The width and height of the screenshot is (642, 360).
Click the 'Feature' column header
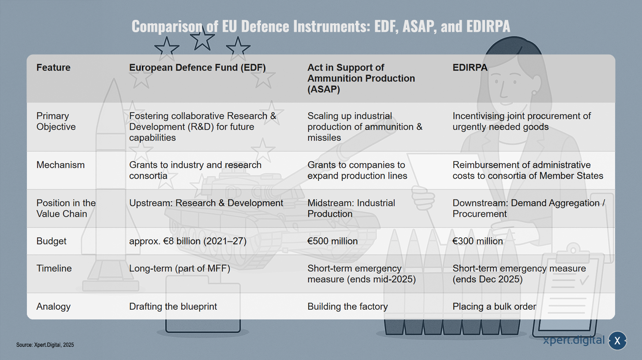[x=53, y=67]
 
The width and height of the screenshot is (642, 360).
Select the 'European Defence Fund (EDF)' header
[x=198, y=67]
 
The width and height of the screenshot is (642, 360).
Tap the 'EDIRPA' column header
[x=470, y=67]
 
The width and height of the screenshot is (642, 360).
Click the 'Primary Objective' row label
[x=56, y=121]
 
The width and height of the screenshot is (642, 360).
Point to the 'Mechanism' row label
[x=60, y=165]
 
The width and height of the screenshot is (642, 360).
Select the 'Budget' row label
[x=51, y=241]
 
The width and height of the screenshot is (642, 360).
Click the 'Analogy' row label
[x=53, y=306]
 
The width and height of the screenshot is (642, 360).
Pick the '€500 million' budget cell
[x=332, y=241]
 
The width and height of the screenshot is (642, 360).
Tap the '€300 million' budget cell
[x=478, y=241]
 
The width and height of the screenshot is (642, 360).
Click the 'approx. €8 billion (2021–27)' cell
[x=188, y=241]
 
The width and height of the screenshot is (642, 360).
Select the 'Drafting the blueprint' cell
[x=173, y=306]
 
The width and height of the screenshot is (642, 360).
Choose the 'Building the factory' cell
[x=347, y=306]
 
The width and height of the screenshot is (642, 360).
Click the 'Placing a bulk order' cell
[x=494, y=306]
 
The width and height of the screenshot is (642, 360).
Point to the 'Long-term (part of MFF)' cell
[x=179, y=268]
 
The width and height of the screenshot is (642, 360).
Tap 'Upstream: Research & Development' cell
[x=206, y=203]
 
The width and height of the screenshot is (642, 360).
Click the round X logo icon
[x=617, y=341]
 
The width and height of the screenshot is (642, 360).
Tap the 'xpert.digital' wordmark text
[x=574, y=340]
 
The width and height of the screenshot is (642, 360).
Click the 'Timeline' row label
[x=54, y=268]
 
